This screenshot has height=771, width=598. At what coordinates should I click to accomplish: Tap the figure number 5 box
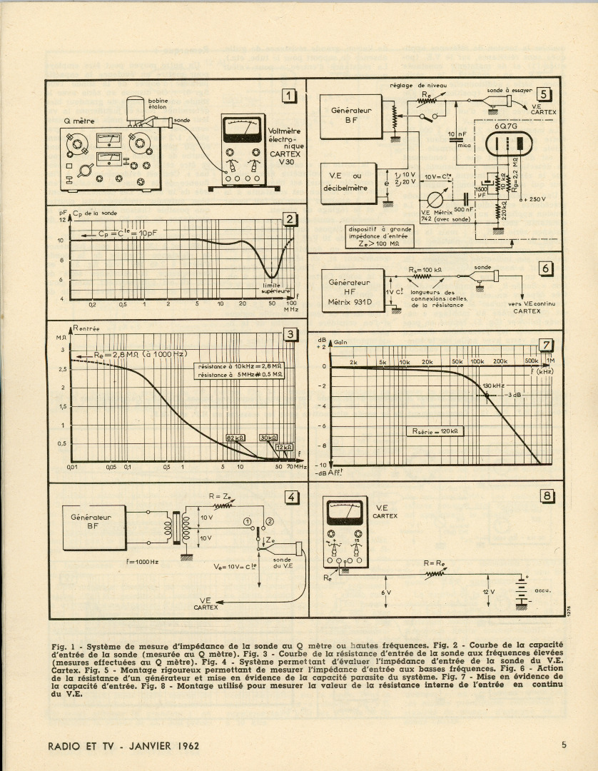[544, 93]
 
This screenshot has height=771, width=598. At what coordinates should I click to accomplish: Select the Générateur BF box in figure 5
[349, 116]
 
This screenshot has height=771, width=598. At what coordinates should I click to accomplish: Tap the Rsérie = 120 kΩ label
[435, 431]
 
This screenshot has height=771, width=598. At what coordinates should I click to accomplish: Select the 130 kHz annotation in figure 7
[494, 385]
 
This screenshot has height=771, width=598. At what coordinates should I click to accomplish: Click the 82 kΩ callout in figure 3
[234, 438]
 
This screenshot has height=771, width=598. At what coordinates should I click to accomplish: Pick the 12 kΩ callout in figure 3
[283, 447]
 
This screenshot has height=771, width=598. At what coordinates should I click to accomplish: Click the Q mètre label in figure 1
[79, 121]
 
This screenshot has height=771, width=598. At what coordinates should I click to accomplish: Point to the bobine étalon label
[158, 104]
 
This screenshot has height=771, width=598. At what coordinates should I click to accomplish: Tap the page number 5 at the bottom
[564, 745]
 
